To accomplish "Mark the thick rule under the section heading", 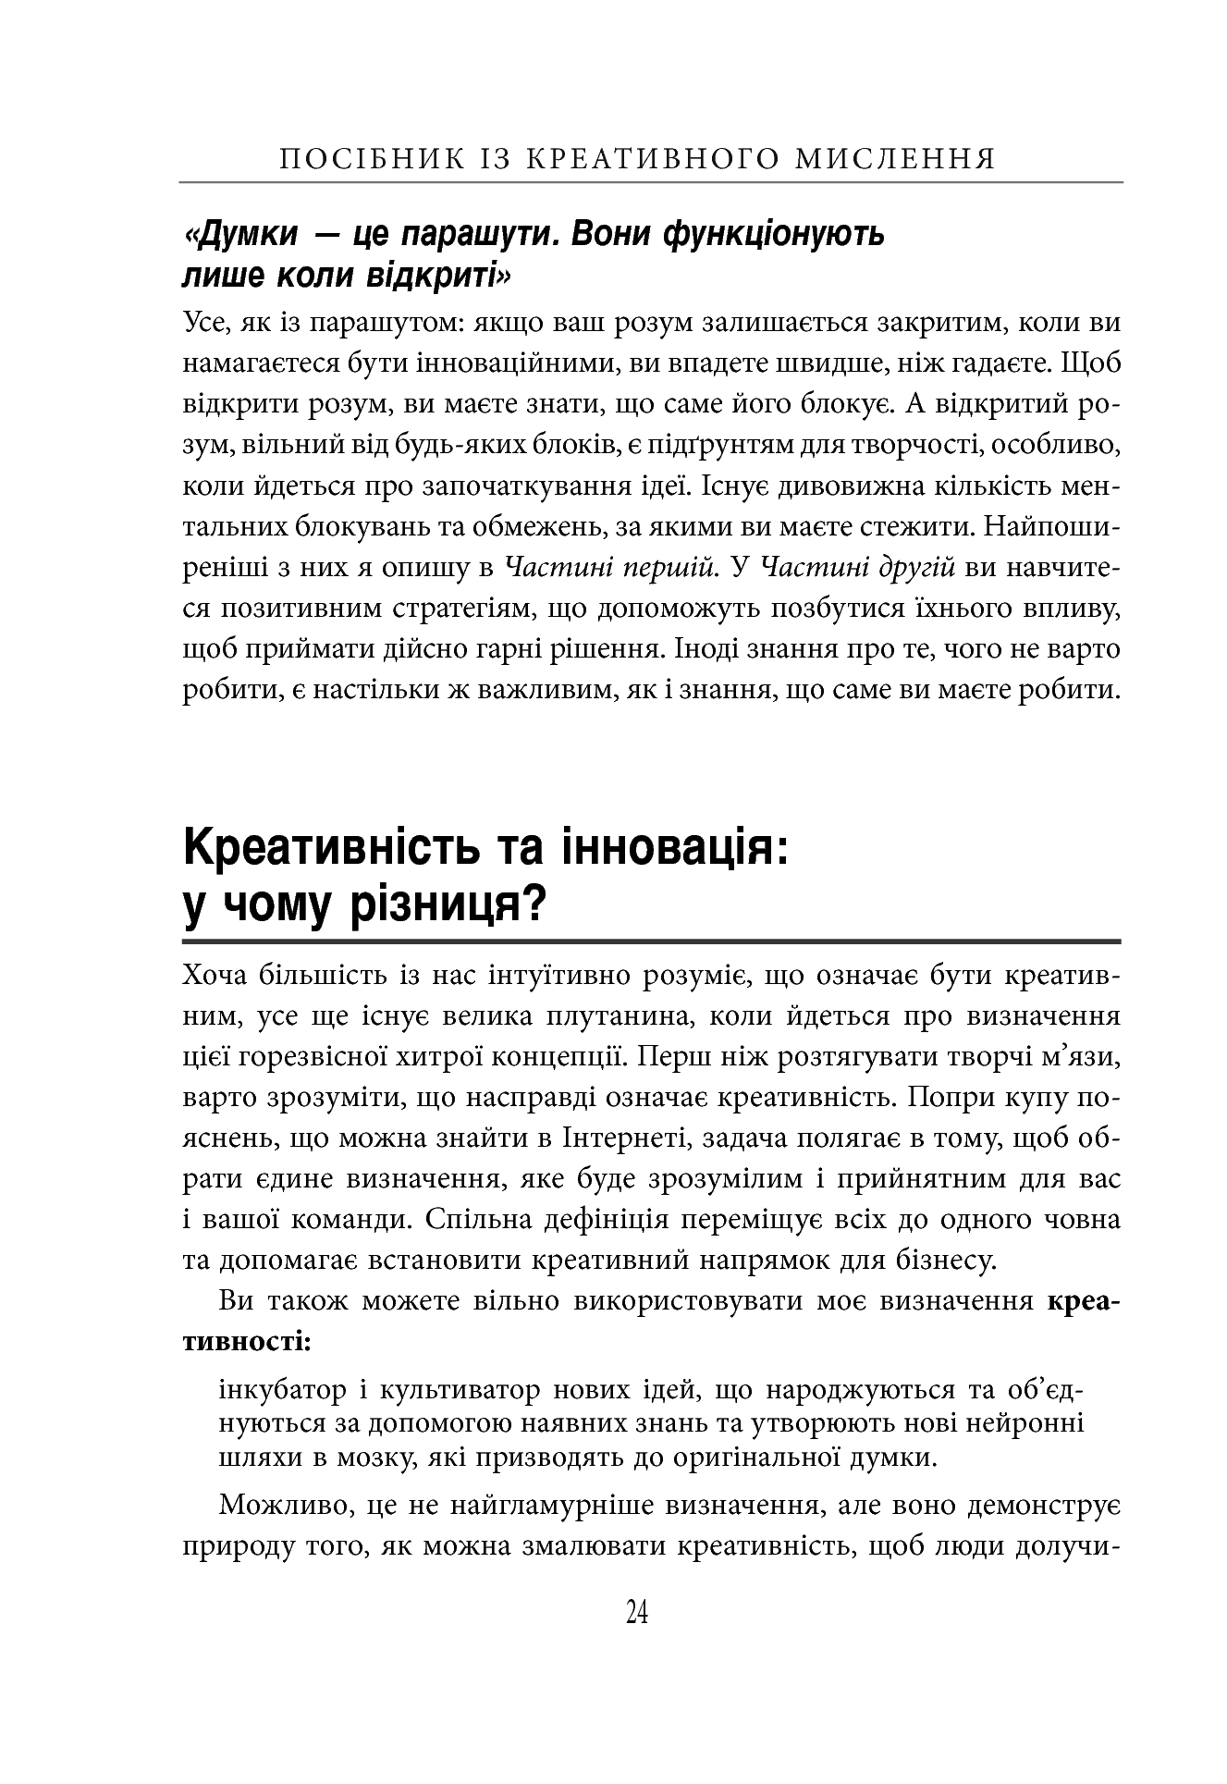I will coord(652,941).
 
